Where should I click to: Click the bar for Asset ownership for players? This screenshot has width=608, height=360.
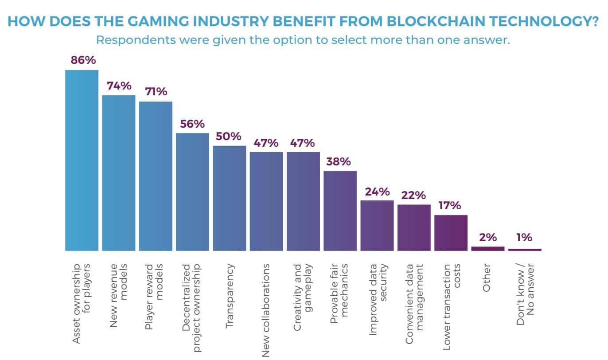coord(82,160)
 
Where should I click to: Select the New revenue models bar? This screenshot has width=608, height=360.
coord(119,173)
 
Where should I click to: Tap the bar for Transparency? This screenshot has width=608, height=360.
coord(229,198)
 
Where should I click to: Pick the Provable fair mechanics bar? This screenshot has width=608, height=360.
coord(340,211)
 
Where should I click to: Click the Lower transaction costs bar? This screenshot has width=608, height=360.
coord(451,233)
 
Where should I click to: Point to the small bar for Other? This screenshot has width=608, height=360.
coord(487,249)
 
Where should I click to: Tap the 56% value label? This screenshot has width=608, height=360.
coord(192,124)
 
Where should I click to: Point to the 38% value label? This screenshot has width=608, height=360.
coord(340,161)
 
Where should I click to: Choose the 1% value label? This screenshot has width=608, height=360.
coord(524,238)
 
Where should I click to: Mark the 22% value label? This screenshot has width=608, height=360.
coord(414,195)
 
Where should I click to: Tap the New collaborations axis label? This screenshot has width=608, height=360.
coord(266,309)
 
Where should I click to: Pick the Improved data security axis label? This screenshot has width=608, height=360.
coord(377,293)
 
